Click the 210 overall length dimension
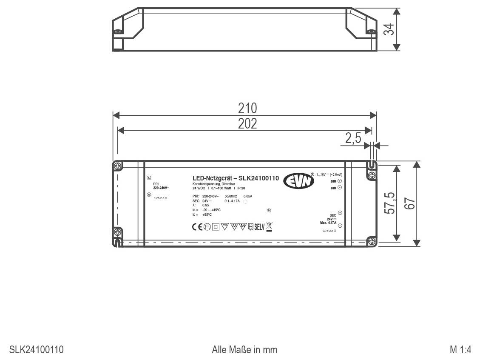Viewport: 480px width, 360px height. [247, 108]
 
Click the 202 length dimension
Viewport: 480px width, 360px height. [247, 123]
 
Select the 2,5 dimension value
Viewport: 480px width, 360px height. [353, 138]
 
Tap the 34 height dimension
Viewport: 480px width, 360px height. [389, 29]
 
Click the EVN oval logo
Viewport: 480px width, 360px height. [299, 180]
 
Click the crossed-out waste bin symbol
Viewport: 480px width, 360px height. [269, 226]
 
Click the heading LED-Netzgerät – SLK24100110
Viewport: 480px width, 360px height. [236, 178]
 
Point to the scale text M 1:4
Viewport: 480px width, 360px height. [460, 350]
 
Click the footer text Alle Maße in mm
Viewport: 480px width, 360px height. [244, 350]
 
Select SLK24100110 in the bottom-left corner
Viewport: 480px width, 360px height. [37, 350]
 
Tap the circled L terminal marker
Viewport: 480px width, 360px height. [149, 178]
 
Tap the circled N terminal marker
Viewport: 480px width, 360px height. [149, 194]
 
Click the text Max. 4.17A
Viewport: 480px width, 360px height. [328, 223]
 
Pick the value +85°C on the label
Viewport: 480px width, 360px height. [207, 214]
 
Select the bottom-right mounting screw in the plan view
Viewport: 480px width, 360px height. [371, 241]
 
